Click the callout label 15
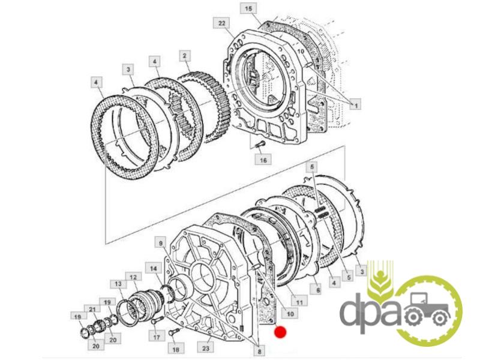pos(248,8)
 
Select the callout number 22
pos(221,23)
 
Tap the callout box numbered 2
pos(184,56)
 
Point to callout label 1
pos(355,106)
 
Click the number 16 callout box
pos(263,160)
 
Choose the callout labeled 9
pos(161,244)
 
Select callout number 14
pos(153,268)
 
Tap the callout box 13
pos(118,284)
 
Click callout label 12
pos(133,277)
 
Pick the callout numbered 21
pos(92,310)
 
